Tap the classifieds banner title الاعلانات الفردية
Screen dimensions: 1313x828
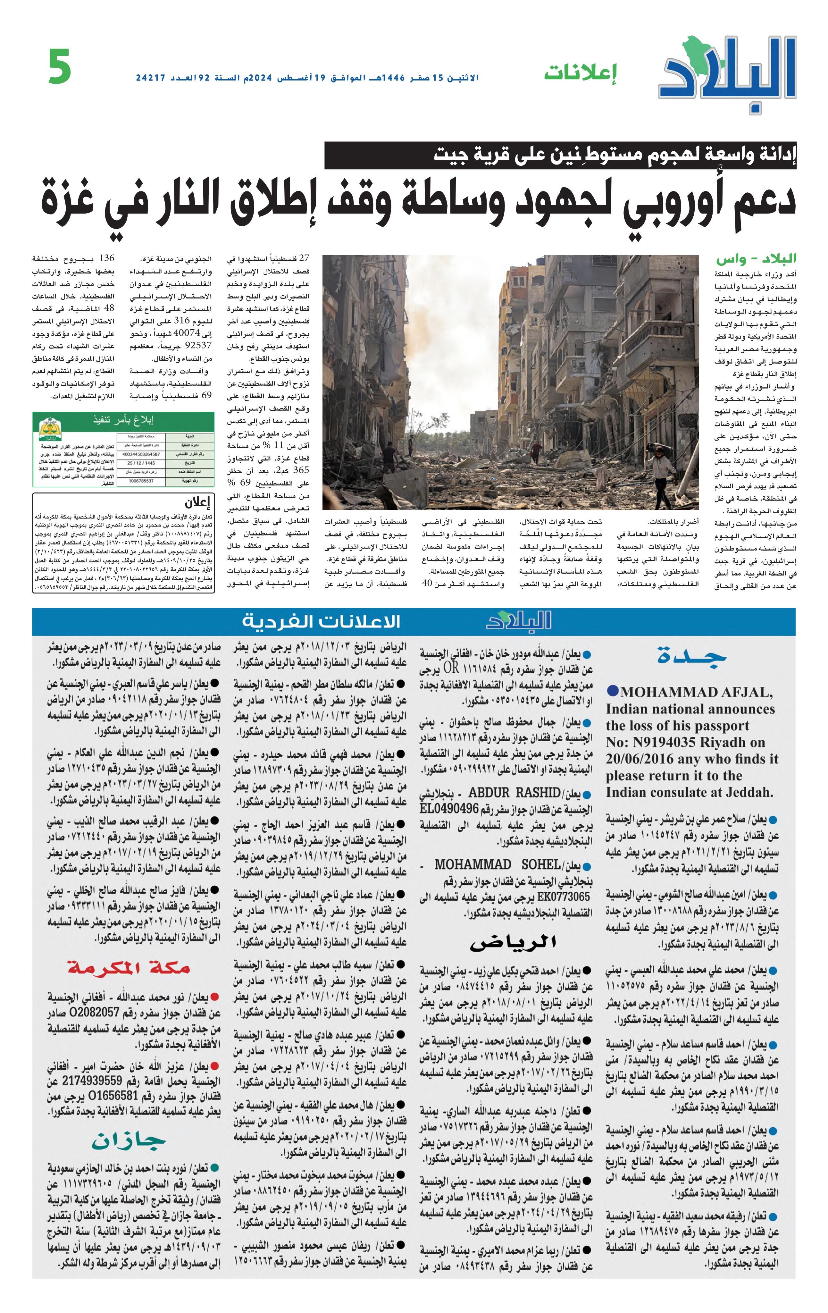321,621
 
